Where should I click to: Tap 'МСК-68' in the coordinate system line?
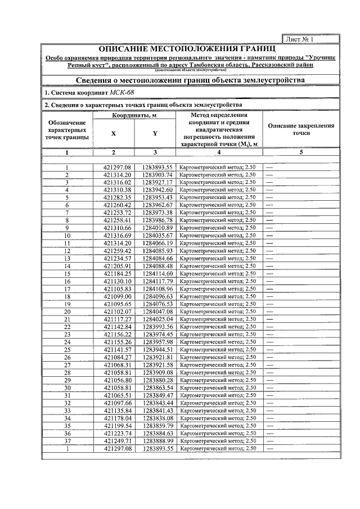(x=123, y=92)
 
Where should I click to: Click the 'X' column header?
(x=113, y=134)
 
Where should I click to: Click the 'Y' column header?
(x=155, y=134)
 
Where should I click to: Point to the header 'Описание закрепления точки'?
(x=301, y=130)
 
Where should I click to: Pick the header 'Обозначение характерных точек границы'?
(x=67, y=130)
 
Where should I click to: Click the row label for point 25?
(x=67, y=349)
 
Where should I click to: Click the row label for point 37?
(x=67, y=440)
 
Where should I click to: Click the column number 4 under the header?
(x=219, y=152)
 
